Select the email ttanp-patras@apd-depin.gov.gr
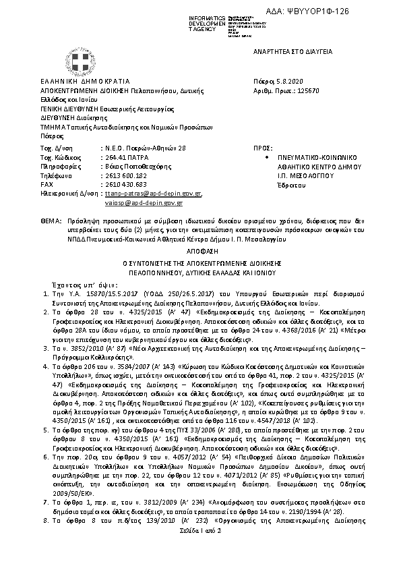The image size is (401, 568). pos(150,193)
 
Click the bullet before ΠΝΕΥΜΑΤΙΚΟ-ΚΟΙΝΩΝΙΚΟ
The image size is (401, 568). pos(268,157)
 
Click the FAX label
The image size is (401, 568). pos(47,183)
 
